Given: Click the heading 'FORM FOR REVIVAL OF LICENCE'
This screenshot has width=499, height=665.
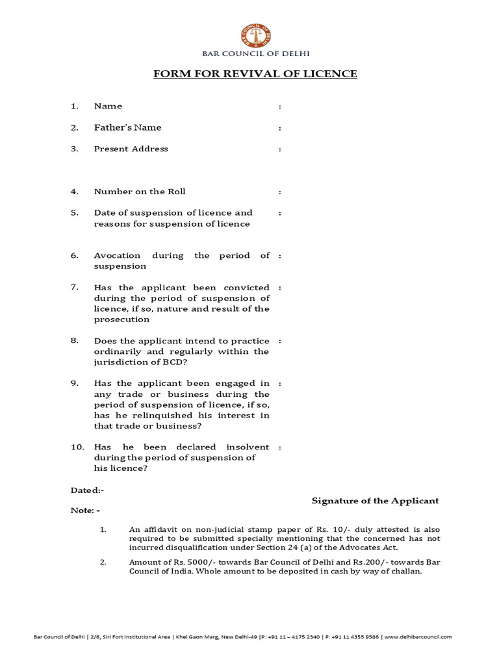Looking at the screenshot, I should (255, 74).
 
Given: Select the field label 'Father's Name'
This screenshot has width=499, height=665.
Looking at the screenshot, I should (127, 128).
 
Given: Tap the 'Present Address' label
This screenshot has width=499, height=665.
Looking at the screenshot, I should (131, 149).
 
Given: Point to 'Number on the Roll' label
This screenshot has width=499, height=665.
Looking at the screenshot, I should (140, 192).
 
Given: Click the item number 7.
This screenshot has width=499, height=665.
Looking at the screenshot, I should (74, 288).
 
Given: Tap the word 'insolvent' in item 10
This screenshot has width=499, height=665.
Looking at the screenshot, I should (248, 447).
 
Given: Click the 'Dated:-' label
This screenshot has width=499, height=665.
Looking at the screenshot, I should (87, 490).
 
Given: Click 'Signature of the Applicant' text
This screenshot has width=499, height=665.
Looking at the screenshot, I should (375, 501).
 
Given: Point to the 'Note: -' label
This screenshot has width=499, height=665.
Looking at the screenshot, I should (85, 510).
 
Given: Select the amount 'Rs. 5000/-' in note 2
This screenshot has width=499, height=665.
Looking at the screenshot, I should (188, 562).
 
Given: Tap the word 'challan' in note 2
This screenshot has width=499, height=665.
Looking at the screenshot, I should (407, 571).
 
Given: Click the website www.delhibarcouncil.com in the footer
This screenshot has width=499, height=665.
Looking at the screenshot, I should (418, 637).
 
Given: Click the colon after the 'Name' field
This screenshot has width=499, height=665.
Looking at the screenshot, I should (279, 107).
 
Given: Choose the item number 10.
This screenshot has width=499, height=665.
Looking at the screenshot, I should (77, 447).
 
